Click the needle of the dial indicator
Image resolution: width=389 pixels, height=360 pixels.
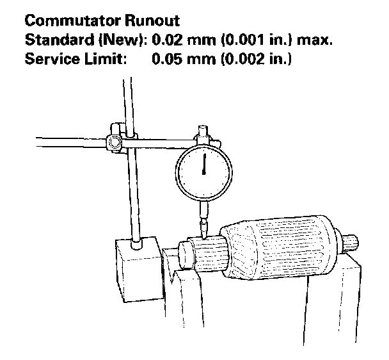pyautogui.click(x=204, y=163)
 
